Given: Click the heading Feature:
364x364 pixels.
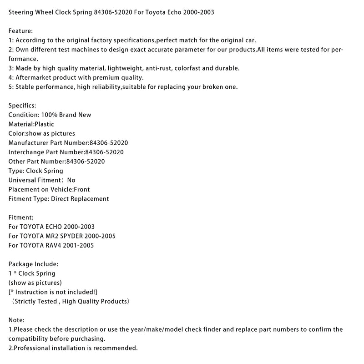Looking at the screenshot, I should (x=21, y=30).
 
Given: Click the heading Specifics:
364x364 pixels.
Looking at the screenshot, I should (x=22, y=106).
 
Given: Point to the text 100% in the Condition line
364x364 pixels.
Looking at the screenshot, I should (x=48, y=115).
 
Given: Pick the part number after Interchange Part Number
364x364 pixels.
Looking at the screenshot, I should (x=104, y=152).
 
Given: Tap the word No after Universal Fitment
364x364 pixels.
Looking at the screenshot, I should (x=71, y=180).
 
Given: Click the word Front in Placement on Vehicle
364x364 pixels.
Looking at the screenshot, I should (x=81, y=189).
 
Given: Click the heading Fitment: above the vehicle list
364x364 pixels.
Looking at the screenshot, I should (x=21, y=217).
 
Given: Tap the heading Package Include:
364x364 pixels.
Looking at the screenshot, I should (x=33, y=264).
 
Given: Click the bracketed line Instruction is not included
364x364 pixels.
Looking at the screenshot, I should (x=53, y=292).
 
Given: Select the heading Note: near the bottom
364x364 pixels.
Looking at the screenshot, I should (x=16, y=320).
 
